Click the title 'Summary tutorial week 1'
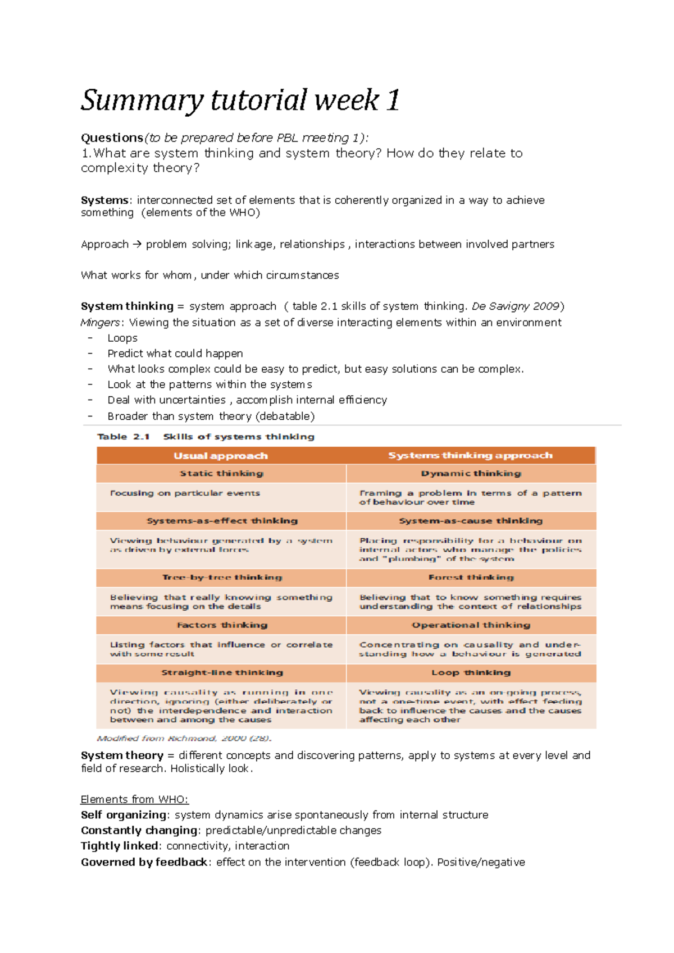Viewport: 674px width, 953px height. point(240,101)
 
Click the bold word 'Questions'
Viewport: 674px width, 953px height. point(112,138)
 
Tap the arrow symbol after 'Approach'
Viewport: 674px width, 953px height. point(137,245)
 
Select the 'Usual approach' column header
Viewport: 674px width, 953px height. point(221,456)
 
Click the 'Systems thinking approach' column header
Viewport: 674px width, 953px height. point(470,455)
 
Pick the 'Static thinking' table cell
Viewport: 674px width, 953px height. point(221,474)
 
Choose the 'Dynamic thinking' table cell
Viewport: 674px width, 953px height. point(471,474)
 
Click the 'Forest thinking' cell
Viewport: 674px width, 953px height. point(471,578)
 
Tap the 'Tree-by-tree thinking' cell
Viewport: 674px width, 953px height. point(222,578)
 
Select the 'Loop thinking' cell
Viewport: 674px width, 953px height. point(471,673)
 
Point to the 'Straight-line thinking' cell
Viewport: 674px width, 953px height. point(222,673)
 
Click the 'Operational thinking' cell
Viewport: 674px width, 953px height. point(471,625)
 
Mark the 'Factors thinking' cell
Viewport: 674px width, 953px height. point(222,625)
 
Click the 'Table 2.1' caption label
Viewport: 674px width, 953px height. point(124,437)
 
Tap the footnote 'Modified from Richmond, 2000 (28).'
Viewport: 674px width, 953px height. point(184,739)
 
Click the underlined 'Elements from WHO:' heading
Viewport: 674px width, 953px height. point(134,800)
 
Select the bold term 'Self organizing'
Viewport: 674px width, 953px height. point(124,815)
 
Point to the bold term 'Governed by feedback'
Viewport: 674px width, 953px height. point(144,863)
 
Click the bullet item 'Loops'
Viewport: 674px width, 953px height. point(122,338)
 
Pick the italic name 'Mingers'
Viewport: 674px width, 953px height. point(100,323)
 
